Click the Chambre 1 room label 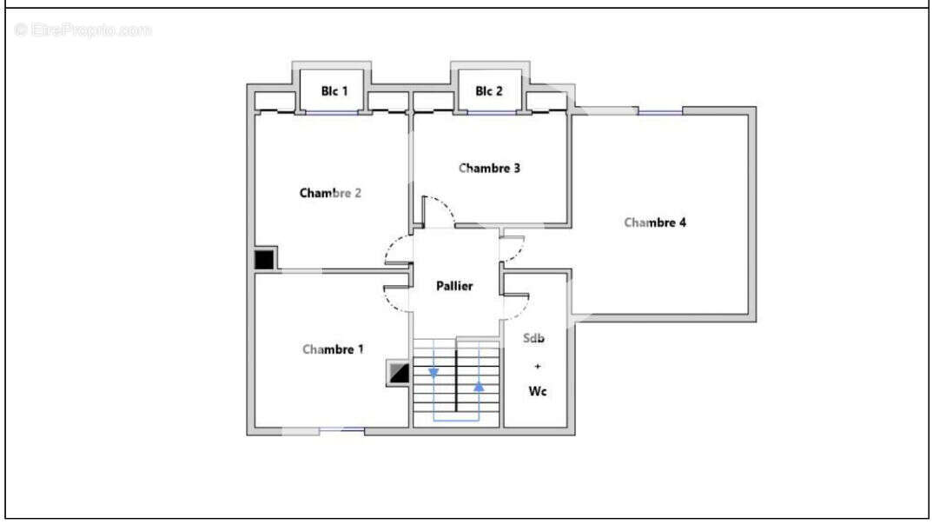coord(333,349)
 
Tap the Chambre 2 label coord(330,193)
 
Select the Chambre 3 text coord(489,169)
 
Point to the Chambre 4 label coord(654,222)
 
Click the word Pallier coord(454,286)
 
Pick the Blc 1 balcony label coord(334,91)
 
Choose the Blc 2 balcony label coord(489,91)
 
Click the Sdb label coord(533,338)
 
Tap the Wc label coord(538,391)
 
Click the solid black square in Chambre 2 coord(264,260)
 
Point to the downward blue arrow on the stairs coord(433,372)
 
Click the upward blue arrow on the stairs coord(479,387)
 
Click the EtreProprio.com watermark coord(83,30)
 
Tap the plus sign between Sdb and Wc coord(538,366)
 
